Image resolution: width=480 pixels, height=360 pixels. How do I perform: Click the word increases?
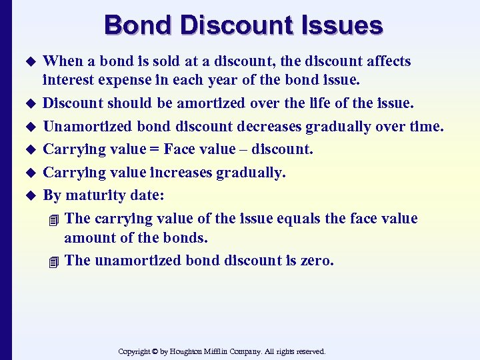[x=204, y=173]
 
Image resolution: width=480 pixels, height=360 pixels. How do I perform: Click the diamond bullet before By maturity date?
[x=29, y=196]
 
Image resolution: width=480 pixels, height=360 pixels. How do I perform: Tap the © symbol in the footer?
[x=154, y=351]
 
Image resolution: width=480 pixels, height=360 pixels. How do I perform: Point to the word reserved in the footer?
[x=308, y=351]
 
